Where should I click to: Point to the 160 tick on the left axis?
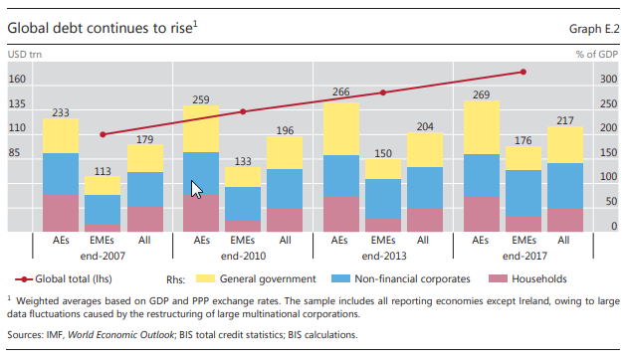(17, 80)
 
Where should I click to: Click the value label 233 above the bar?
(61, 111)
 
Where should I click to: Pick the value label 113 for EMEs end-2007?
(102, 169)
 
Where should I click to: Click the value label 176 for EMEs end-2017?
(522, 140)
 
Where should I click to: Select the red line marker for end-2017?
(523, 72)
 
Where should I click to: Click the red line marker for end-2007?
(103, 134)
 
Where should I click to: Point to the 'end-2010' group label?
(244, 257)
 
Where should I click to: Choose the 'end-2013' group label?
(382, 257)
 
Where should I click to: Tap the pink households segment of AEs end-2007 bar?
(61, 213)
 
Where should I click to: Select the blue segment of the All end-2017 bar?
(564, 185)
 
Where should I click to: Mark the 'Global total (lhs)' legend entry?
(74, 280)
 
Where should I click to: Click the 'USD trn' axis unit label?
(23, 55)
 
